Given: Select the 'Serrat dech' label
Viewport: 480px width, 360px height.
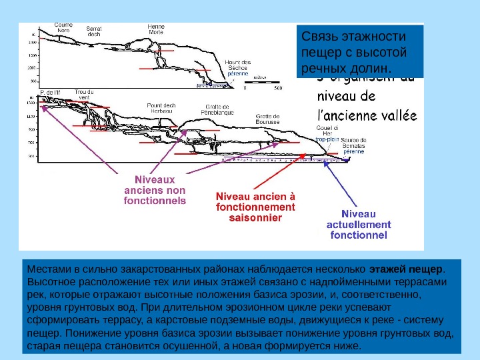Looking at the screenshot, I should pyautogui.click(x=95, y=31).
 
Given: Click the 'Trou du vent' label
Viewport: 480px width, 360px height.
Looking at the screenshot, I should pyautogui.click(x=84, y=95).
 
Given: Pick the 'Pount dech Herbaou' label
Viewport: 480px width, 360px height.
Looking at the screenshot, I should pyautogui.click(x=161, y=107).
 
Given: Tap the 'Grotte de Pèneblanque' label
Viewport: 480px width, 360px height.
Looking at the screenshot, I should pyautogui.click(x=217, y=109).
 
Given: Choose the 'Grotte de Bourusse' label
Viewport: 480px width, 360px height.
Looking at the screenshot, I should pyautogui.click(x=267, y=119).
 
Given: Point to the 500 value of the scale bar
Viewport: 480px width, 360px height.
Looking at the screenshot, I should pyautogui.click(x=278, y=87).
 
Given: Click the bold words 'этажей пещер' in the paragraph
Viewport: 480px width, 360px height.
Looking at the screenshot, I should pyautogui.click(x=416, y=269).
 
